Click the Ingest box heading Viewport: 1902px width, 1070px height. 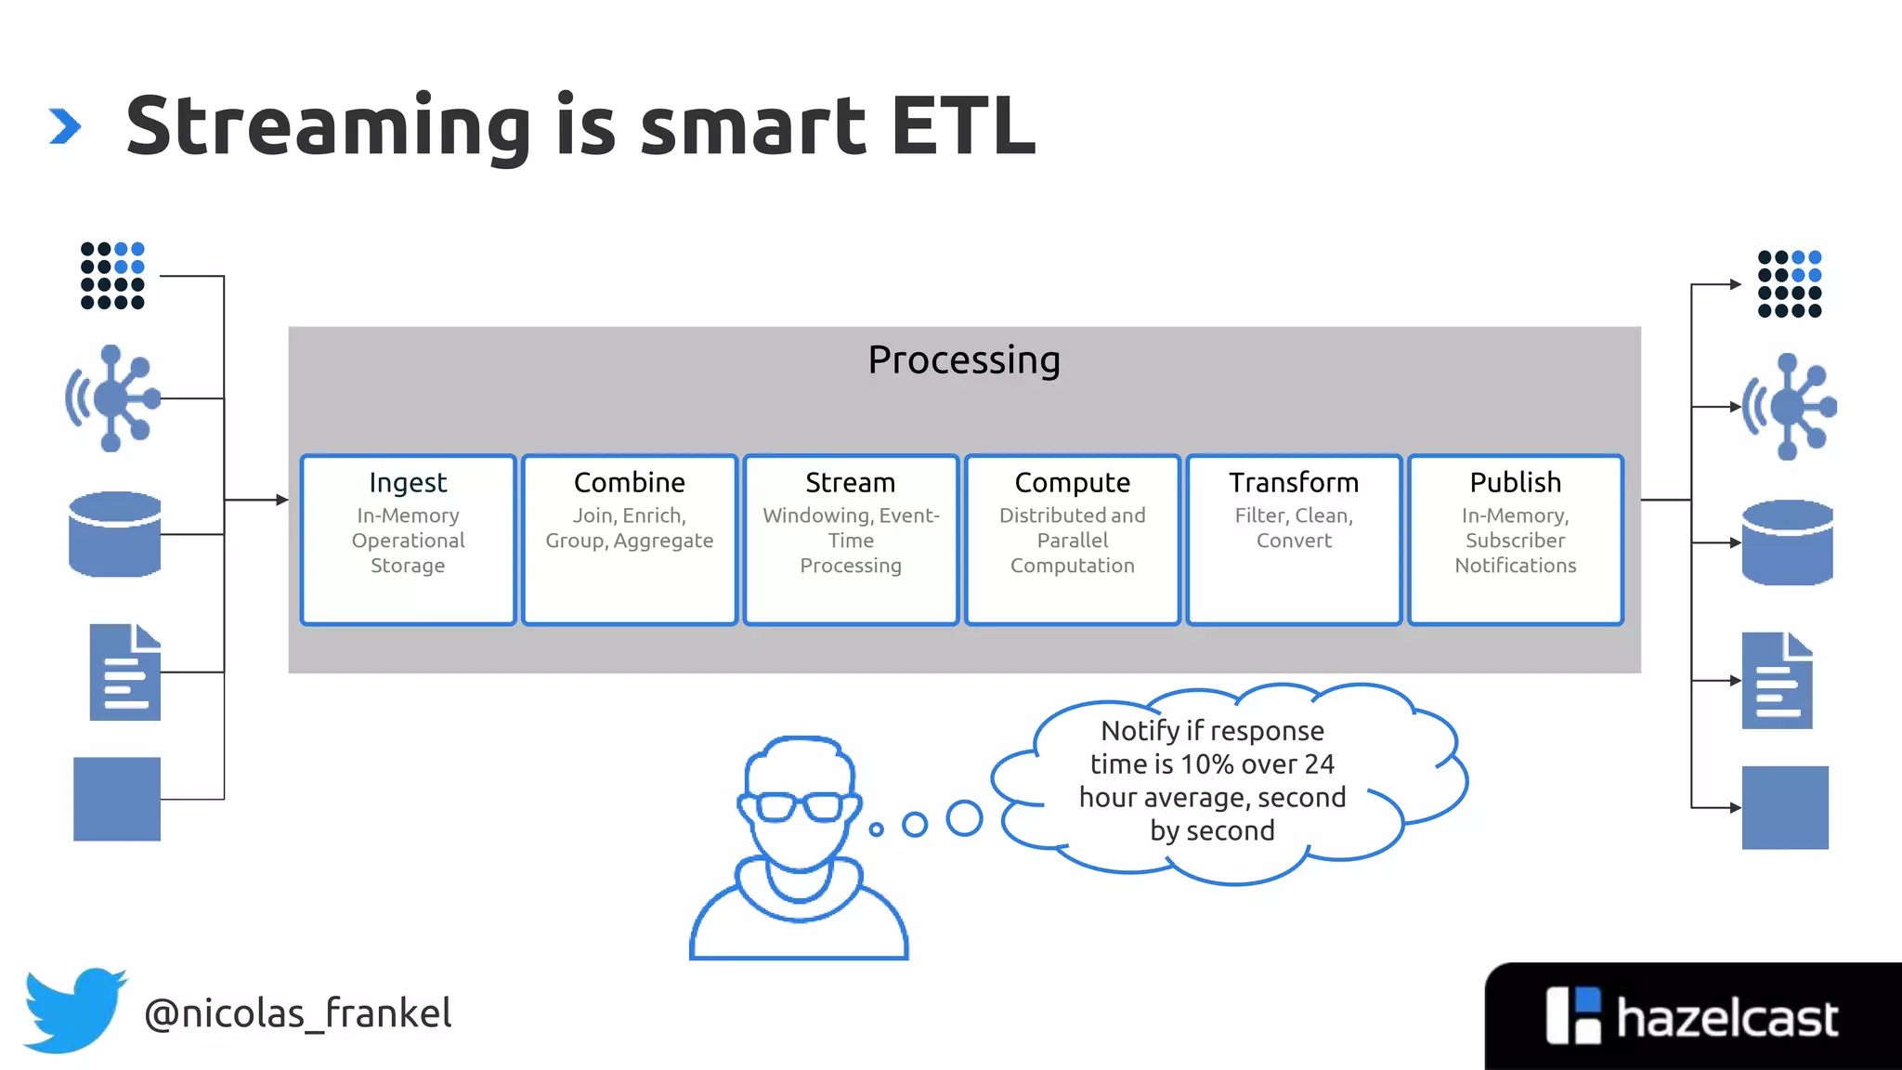tap(408, 483)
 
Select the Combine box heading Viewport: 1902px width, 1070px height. tap(629, 483)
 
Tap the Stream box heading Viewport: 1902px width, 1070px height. tap(850, 483)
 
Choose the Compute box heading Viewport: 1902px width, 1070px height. tap(1072, 483)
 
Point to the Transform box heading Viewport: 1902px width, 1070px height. tap(1293, 483)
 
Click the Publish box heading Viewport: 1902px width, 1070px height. tap(1515, 483)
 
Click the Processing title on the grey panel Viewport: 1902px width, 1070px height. tap(963, 360)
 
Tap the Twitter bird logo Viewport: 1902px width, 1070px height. tap(74, 1011)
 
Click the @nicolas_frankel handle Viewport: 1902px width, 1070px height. tap(297, 1013)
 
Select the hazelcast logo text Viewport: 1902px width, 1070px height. tap(1726, 1019)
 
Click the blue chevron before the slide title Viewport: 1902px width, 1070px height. tap(65, 126)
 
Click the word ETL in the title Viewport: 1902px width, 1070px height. tap(962, 125)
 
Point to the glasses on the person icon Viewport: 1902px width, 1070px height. tap(800, 805)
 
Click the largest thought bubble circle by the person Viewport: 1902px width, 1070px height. tap(964, 818)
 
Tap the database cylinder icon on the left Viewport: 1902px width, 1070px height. tap(115, 534)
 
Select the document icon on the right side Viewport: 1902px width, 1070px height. tap(1777, 681)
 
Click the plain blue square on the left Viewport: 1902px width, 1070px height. tap(117, 799)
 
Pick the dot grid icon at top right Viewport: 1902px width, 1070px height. tap(1790, 284)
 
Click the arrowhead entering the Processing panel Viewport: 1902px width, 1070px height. tap(282, 500)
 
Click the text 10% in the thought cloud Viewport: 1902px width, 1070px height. tap(1207, 764)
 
